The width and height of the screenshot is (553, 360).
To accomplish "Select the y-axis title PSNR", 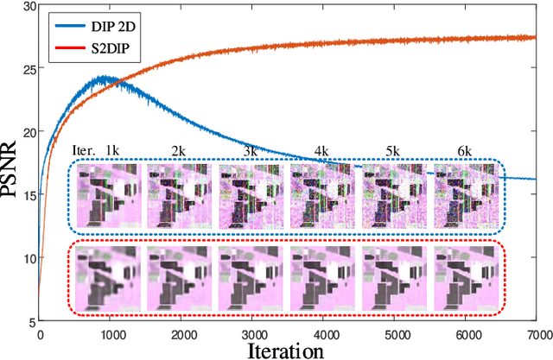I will coord(12,168).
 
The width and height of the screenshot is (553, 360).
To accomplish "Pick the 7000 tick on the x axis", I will coord(536,332).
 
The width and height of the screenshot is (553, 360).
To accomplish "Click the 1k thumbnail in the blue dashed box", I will coord(107,196).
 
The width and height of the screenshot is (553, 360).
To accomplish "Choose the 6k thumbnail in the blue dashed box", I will coord(465,196).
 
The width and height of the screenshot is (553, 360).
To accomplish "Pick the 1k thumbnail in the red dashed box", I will coord(107,280).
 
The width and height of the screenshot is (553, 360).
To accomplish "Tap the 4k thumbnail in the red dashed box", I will coord(322,280).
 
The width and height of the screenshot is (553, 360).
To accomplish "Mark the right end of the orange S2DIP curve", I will coord(536,37).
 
